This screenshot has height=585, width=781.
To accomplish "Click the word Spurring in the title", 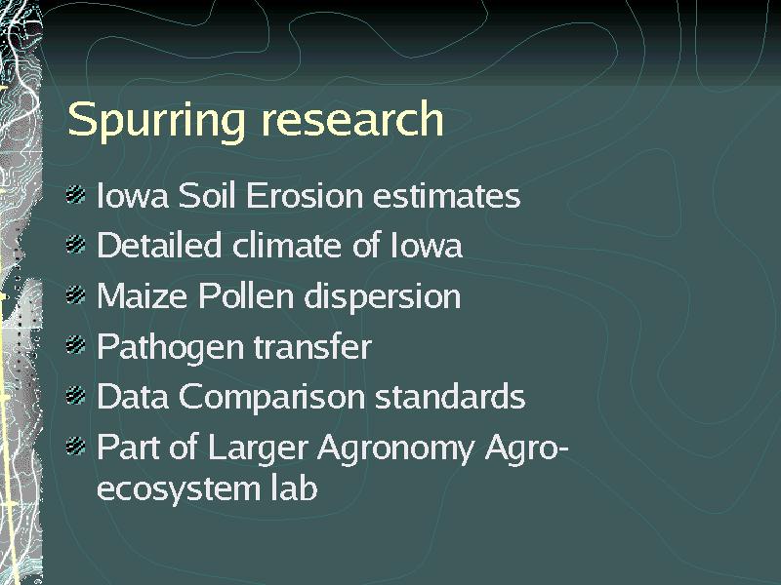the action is click(156, 121).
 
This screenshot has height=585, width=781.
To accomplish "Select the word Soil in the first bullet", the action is click(206, 195).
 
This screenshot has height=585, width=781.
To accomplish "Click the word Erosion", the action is click(305, 195).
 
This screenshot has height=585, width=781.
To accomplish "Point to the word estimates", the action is click(447, 196).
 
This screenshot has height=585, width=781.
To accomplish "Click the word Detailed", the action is click(159, 245).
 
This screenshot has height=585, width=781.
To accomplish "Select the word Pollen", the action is click(246, 295).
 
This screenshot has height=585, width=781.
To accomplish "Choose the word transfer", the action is click(312, 346).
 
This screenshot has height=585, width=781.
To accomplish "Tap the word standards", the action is click(450, 397).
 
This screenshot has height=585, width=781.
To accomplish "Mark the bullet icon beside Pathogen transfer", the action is click(76, 345).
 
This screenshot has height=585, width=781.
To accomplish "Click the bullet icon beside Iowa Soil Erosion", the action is click(76, 194).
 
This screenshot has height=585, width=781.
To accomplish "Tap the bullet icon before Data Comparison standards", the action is click(76, 396).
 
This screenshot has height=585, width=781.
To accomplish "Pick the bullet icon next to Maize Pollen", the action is click(76, 294).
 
